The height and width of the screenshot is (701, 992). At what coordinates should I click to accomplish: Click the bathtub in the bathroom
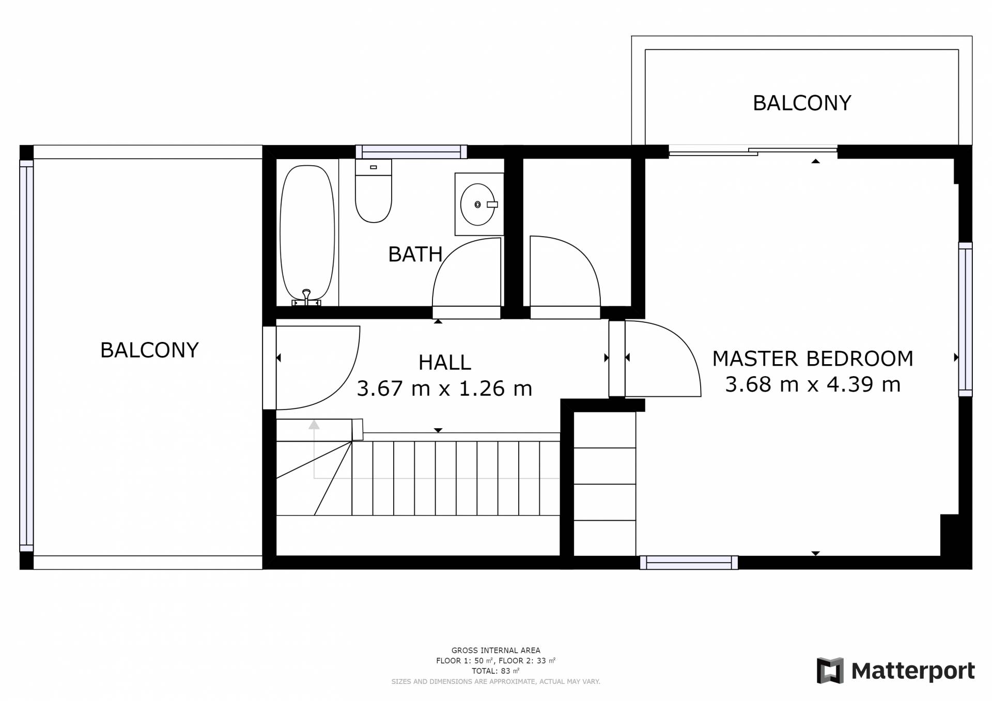click(x=307, y=232)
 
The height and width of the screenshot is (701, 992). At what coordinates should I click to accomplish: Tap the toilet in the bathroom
click(x=374, y=191)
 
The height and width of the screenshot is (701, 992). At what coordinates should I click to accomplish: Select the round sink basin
click(x=477, y=205)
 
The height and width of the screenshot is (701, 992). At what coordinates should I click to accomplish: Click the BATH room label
click(x=415, y=254)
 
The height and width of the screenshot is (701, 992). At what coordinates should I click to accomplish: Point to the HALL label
click(x=444, y=363)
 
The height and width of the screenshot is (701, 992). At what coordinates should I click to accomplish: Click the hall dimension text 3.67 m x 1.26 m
click(x=444, y=388)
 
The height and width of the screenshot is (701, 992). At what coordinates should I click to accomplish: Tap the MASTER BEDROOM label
click(x=813, y=359)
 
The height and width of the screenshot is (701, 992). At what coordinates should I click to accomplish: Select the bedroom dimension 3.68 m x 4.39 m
click(x=813, y=384)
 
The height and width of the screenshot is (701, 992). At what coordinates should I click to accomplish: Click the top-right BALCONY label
click(x=802, y=103)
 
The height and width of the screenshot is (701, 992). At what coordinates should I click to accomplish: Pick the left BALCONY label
click(x=149, y=350)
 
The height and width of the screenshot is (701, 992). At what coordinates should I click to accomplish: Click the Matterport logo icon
click(x=830, y=671)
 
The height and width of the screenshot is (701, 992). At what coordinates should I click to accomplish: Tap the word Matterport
click(x=913, y=671)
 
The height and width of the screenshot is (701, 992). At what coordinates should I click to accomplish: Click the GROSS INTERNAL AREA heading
click(x=496, y=650)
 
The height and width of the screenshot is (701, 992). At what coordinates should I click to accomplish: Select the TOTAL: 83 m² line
click(x=495, y=671)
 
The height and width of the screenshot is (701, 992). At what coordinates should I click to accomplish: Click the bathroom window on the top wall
click(x=411, y=152)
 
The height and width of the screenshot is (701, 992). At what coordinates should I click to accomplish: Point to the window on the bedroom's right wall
click(x=965, y=319)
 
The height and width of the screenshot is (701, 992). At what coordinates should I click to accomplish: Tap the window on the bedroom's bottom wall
click(x=689, y=563)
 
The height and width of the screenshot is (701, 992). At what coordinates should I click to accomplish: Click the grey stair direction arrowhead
click(x=314, y=425)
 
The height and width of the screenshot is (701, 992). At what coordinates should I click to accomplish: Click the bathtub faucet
click(x=306, y=298)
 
